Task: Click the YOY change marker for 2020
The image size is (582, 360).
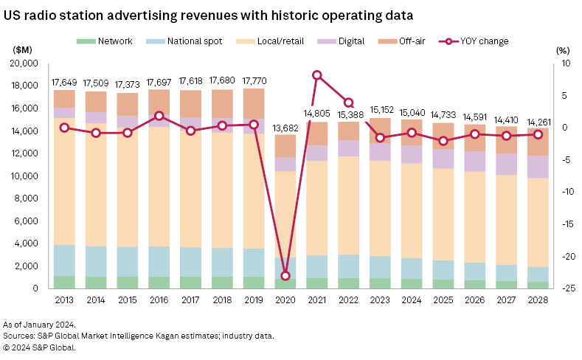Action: coord(285,276)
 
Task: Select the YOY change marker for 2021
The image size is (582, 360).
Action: coord(317,75)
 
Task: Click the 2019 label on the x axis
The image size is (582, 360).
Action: coord(254,300)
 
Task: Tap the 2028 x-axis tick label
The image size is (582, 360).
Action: coord(538,300)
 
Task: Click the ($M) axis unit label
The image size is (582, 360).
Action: coord(23,50)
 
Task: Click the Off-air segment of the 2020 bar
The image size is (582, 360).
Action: coord(285,145)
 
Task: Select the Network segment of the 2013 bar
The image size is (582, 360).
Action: coord(64,282)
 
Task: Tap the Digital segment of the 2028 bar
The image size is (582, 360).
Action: coord(538,167)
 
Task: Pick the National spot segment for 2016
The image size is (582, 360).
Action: coord(159,261)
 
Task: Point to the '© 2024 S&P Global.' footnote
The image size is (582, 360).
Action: coord(39,347)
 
